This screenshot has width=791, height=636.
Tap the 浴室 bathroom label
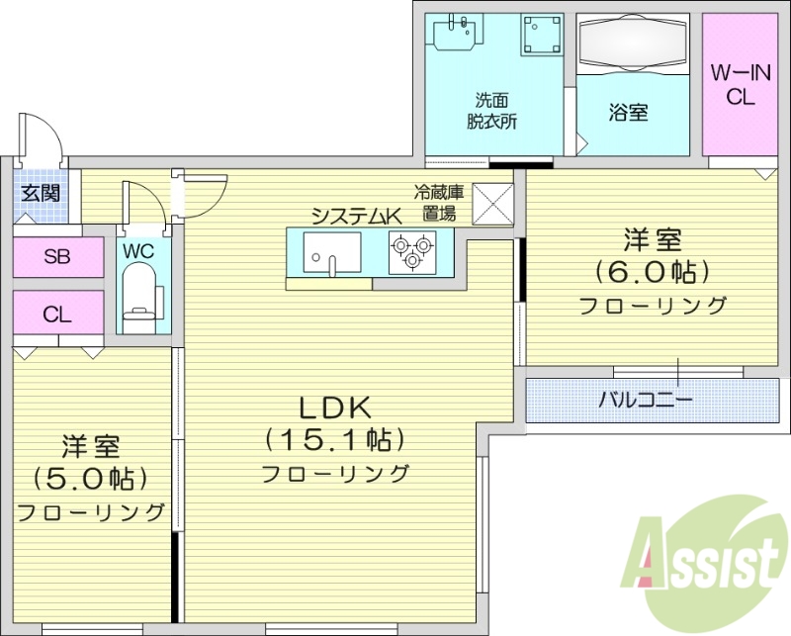628,113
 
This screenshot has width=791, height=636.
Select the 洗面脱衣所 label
491,111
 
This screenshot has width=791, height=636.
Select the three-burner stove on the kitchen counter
411,251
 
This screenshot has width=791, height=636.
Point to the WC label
138,251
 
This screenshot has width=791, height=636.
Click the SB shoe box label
57,258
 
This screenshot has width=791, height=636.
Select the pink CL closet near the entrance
57,315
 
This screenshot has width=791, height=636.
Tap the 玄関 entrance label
40,193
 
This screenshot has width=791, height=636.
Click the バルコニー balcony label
645,400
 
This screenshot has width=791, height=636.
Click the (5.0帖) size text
90,479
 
